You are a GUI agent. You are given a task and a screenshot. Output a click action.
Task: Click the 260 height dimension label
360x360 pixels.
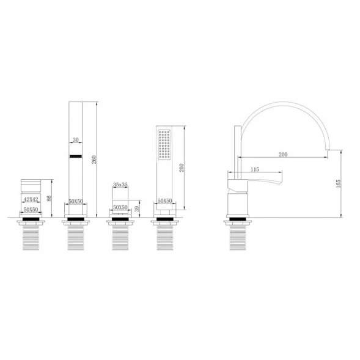coord(94,160)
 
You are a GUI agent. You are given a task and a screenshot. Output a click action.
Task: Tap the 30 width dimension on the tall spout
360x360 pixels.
coord(76,139)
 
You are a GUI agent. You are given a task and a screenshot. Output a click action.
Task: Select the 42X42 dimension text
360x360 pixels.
coord(31,199)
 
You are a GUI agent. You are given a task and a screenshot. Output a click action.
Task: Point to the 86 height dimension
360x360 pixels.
coord(49,199)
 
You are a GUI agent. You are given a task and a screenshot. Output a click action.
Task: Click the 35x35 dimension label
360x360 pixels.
coord(120,185)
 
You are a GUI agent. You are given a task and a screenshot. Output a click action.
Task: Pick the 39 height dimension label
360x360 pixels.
coord(137,208)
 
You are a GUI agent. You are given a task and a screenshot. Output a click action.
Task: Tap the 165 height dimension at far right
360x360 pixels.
coord(338,184)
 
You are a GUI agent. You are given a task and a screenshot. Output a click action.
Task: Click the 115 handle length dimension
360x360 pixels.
coord(255,169)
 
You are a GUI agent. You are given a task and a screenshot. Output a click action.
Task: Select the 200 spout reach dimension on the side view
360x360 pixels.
coord(283,155)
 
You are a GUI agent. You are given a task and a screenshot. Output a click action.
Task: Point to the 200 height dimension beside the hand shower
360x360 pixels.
coord(182,168)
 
